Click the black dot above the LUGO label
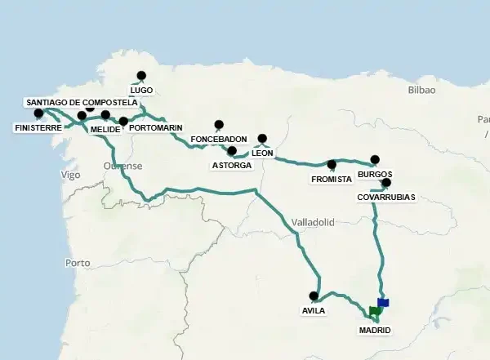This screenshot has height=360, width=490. pos(141,76)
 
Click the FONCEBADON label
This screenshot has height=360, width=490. pos(218,140)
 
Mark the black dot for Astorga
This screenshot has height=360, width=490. pos(232,151)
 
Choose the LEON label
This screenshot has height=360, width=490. pos(262,153)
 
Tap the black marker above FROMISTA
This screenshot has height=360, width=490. pos(332,164)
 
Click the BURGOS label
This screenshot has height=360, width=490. pos(375,175)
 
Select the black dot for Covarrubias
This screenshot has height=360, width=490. pos(386,183)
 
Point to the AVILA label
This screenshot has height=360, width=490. pos(314,310)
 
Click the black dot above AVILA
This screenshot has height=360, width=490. pos(314,296)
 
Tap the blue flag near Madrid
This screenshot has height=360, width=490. pos(383,302)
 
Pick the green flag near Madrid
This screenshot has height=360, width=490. pos(375,311)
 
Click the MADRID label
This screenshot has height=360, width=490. pos(375,330)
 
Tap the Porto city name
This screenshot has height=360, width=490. pos(77,263)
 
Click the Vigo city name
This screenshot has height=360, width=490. pos(70,175)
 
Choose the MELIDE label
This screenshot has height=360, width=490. pos(106,129)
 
